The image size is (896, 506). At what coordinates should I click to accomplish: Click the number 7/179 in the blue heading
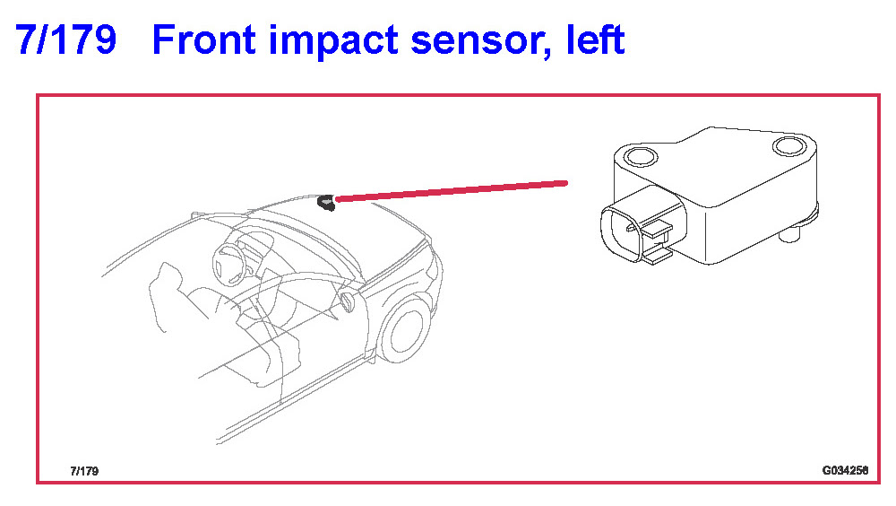coord(65,40)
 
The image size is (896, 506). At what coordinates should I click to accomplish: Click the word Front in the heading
coord(204,40)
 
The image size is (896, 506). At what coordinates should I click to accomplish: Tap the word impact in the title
coord(333,41)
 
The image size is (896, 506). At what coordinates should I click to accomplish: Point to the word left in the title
coord(596,40)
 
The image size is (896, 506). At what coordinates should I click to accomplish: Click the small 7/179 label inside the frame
coord(84,471)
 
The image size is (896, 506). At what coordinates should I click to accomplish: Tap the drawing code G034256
coord(845,470)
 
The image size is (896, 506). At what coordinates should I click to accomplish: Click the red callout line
coord(452,191)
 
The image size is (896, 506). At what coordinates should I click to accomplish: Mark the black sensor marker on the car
coord(326,203)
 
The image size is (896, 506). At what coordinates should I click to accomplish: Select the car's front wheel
coord(404,330)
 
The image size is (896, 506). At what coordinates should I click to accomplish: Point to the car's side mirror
coord(347,301)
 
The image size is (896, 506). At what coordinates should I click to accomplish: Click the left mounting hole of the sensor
coord(641,156)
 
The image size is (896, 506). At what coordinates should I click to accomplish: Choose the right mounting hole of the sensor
coord(789,146)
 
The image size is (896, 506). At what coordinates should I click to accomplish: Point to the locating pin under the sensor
coord(789,234)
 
